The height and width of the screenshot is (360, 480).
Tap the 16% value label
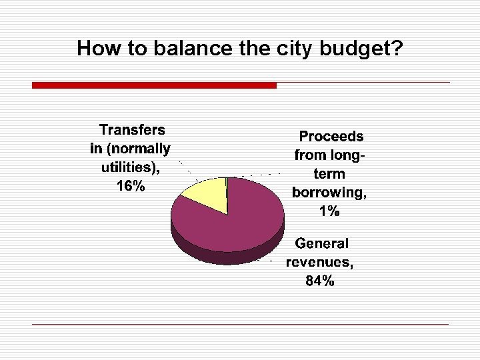(x=131, y=186)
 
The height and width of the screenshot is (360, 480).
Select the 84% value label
(x=320, y=281)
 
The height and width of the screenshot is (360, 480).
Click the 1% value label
(x=329, y=212)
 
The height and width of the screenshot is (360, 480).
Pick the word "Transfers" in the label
(x=132, y=129)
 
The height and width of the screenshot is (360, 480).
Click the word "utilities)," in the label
(x=129, y=167)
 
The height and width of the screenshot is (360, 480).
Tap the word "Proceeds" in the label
(x=331, y=137)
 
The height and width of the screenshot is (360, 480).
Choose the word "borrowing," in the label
(x=329, y=193)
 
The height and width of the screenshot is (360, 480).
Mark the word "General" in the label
(x=322, y=243)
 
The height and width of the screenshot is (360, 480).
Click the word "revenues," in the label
(x=320, y=262)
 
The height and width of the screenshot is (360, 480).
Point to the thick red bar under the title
(x=154, y=85)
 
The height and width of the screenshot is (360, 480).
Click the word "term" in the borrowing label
(x=329, y=174)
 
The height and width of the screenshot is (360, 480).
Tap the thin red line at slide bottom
(x=240, y=324)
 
